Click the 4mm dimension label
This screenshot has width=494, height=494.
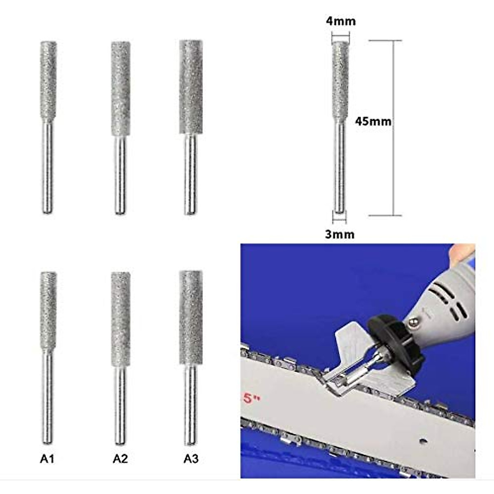[x=340, y=21]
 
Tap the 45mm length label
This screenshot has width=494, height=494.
[x=373, y=121]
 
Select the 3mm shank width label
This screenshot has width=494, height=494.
[x=340, y=234]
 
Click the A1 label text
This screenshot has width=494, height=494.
[x=47, y=459]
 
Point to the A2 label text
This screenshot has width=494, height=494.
[x=120, y=459]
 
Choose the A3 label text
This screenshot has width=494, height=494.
[x=191, y=459]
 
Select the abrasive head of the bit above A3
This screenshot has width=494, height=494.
[x=191, y=317]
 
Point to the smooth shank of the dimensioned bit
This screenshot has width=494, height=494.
[x=340, y=169]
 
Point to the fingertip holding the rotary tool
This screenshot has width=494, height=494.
[x=463, y=253]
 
